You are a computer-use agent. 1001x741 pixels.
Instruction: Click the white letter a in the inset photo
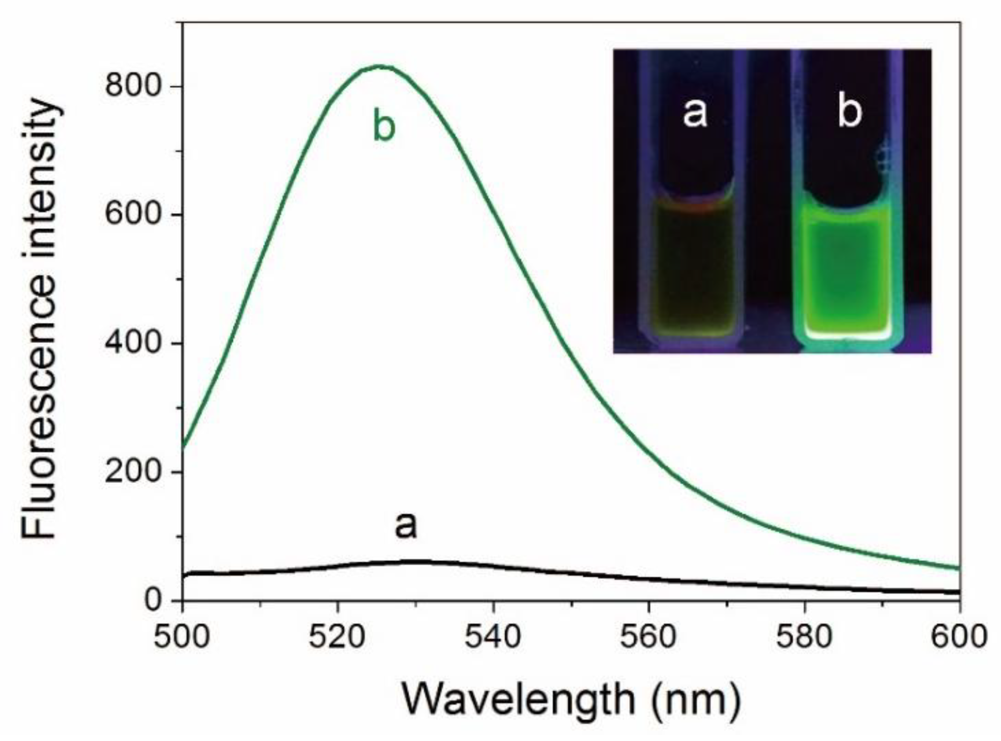695,113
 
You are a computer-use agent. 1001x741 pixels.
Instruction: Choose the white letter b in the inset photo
849,112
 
